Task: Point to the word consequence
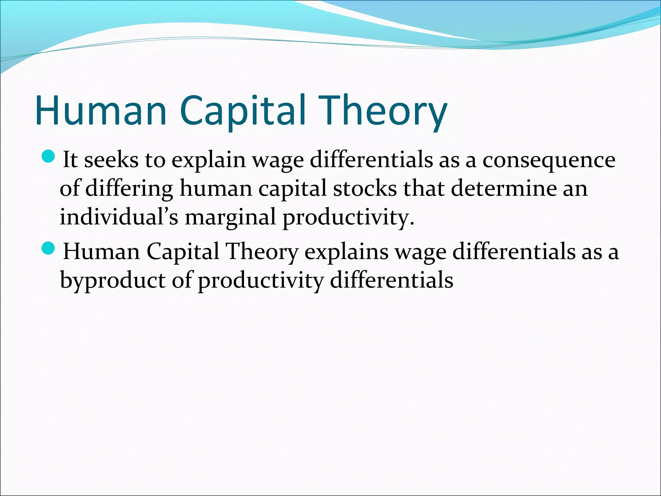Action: pos(549,160)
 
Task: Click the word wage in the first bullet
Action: pos(278,161)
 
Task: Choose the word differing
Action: pos(129,189)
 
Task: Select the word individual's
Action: pos(119,216)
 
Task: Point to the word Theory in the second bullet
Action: pos(261,252)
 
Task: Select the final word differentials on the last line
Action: pos(392,280)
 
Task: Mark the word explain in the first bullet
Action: pos(208,160)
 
